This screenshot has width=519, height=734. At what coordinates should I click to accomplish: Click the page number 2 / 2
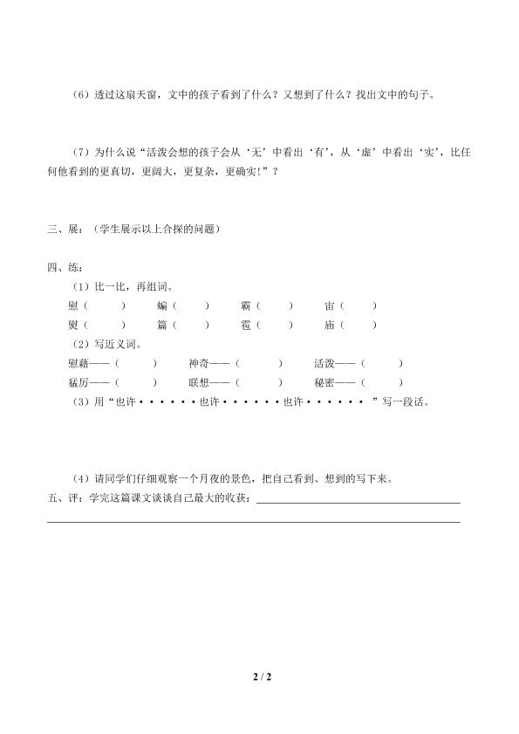(259, 675)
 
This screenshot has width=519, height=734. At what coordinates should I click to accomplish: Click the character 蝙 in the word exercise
(162, 305)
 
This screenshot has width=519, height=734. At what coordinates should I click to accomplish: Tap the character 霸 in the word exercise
(246, 305)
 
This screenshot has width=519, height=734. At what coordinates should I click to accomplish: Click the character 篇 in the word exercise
(162, 325)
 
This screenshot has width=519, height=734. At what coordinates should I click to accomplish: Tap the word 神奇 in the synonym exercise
(198, 362)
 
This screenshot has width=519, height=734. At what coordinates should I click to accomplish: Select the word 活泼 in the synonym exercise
(323, 362)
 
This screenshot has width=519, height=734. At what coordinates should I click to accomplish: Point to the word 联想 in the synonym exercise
(198, 381)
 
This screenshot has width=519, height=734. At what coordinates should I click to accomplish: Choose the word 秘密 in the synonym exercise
(323, 381)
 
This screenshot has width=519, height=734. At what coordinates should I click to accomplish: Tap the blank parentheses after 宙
(359, 305)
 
